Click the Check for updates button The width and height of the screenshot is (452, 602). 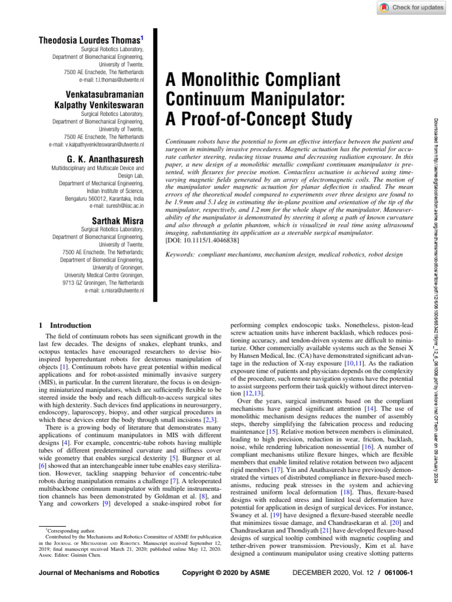410,7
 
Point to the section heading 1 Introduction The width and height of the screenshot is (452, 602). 65,325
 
